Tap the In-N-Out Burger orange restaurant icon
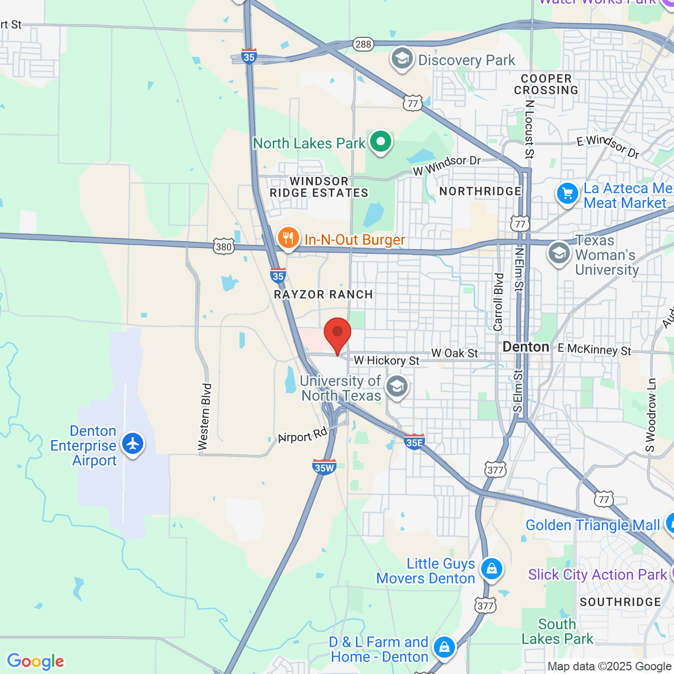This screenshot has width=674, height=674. (x=288, y=238)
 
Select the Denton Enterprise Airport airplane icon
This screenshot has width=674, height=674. (x=133, y=443)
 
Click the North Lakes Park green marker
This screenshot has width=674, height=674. (x=380, y=142)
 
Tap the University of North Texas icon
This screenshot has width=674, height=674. (x=397, y=387)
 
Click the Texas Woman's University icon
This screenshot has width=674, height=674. (x=559, y=253)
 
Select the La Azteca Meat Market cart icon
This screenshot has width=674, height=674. (x=568, y=194)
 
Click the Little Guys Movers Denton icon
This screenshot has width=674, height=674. (x=492, y=569)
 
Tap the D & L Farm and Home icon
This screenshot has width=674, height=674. (x=444, y=647)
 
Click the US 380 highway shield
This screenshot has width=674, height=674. (x=224, y=246)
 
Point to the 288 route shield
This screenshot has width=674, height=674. (x=363, y=44)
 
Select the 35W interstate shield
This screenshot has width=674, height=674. (x=324, y=467)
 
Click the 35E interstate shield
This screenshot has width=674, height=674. (x=414, y=442)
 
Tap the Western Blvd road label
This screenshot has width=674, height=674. (x=204, y=417)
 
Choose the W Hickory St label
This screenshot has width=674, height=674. (x=386, y=361)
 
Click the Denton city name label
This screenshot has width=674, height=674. (x=526, y=347)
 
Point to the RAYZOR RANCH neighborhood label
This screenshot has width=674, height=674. (x=323, y=295)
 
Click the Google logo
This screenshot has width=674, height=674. (x=36, y=661)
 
